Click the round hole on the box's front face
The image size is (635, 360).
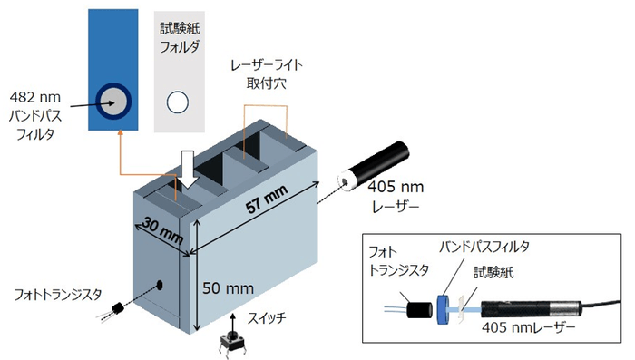(161, 285)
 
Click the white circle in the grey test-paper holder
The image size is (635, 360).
(179, 100)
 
